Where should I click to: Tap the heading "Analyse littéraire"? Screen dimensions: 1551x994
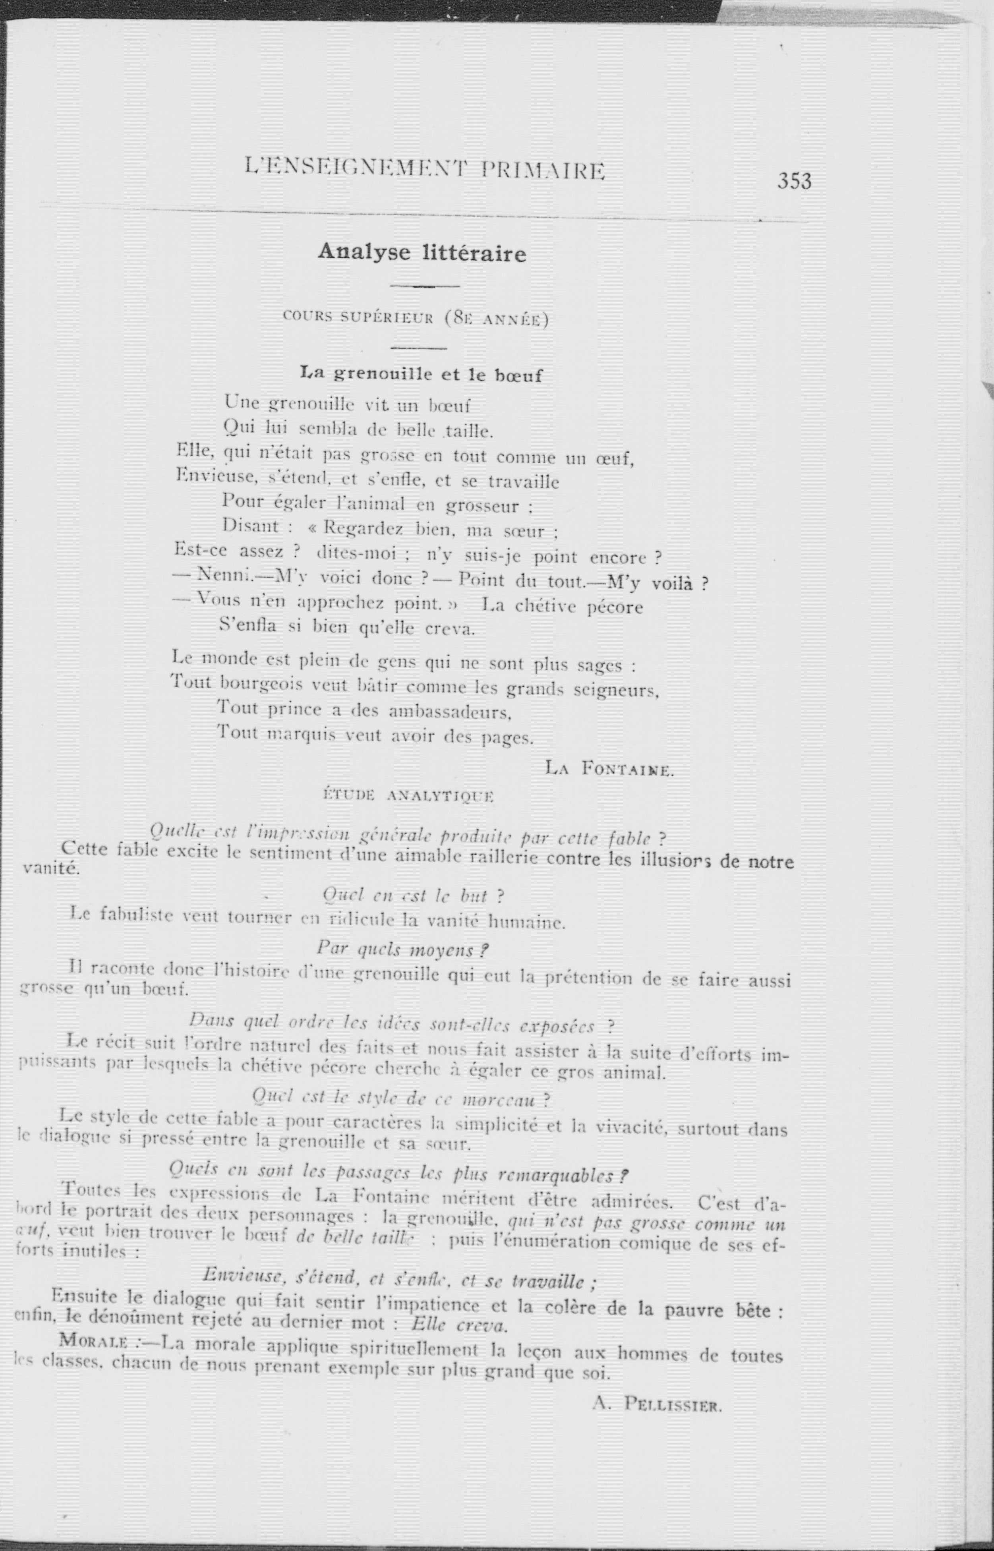422,252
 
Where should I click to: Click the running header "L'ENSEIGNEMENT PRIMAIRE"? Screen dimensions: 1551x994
425,169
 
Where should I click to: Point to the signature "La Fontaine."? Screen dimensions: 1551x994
609,768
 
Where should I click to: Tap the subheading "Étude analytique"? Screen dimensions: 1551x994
408,796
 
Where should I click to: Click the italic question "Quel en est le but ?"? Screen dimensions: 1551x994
412,896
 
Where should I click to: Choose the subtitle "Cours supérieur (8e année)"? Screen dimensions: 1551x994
416,319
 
